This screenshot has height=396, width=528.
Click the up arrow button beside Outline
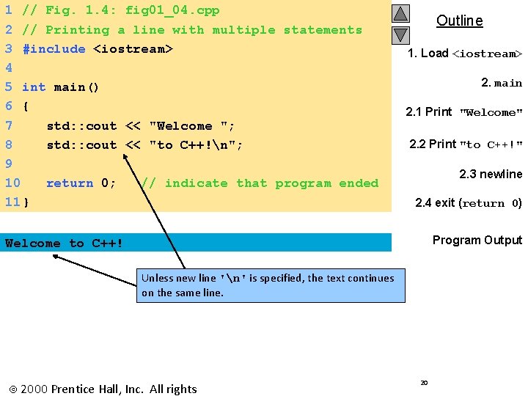400,14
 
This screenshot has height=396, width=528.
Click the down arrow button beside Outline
400,34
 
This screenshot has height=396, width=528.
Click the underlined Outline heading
459,21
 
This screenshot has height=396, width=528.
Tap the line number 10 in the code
12,183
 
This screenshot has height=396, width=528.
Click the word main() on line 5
76,87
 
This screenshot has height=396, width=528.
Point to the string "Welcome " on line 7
191,126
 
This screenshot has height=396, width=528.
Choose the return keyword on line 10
70,183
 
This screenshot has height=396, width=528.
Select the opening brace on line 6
26,106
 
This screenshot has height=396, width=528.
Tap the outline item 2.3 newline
490,175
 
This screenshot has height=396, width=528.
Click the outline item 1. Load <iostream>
465,54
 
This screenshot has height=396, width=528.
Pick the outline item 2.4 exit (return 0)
468,203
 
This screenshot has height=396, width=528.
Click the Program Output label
477,241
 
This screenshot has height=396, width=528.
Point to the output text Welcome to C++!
65,243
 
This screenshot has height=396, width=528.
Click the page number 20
425,383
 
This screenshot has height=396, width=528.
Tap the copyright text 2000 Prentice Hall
102,389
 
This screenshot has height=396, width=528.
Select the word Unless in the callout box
158,278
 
